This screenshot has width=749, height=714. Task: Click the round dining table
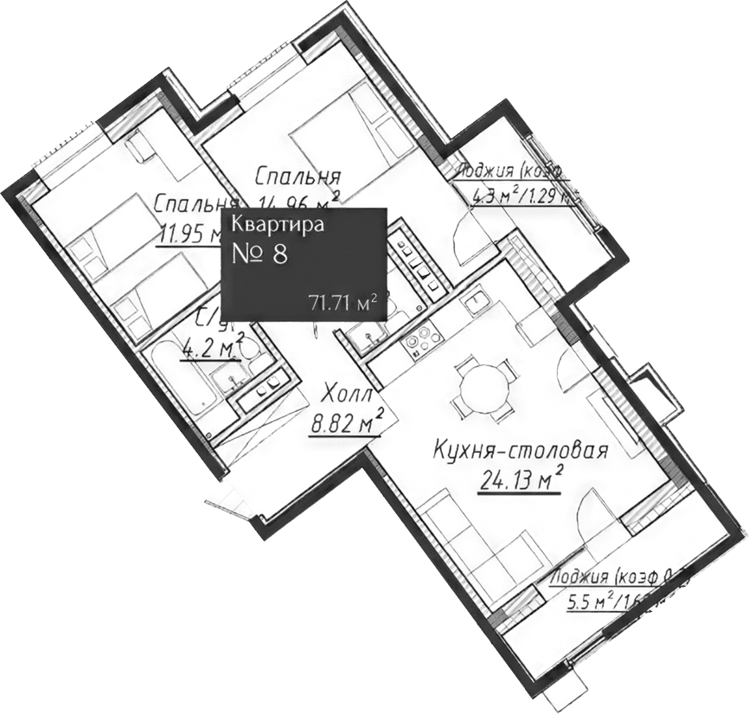pyautogui.click(x=480, y=391)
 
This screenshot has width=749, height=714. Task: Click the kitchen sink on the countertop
pyautogui.click(x=473, y=302)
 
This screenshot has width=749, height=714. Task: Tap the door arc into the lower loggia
pyautogui.click(x=597, y=511)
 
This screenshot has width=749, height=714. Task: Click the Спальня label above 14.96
pyautogui.click(x=297, y=177)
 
